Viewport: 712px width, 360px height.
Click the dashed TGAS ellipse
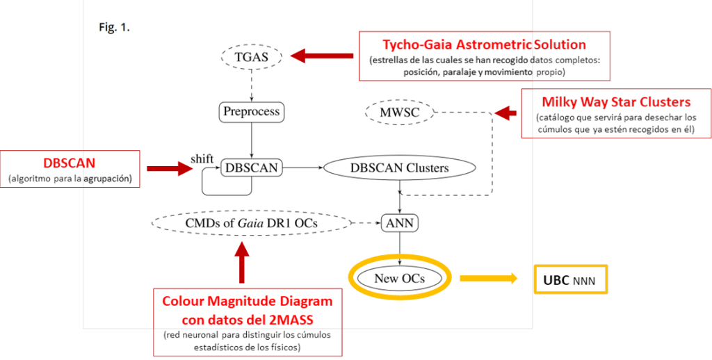[252, 58]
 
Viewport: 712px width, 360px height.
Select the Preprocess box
[252, 111]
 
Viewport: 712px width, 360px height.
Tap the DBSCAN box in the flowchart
[252, 167]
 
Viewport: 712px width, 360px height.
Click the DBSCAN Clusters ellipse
[399, 167]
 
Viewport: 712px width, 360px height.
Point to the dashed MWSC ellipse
[399, 111]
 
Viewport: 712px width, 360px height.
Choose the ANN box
[399, 223]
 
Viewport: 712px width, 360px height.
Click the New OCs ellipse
[399, 278]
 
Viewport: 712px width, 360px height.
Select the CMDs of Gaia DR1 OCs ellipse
[251, 223]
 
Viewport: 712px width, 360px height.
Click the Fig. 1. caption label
[114, 28]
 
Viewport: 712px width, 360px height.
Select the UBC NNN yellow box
[570, 282]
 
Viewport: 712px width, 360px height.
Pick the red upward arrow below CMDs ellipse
[242, 265]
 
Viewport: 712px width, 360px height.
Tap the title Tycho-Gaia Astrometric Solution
[484, 45]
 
